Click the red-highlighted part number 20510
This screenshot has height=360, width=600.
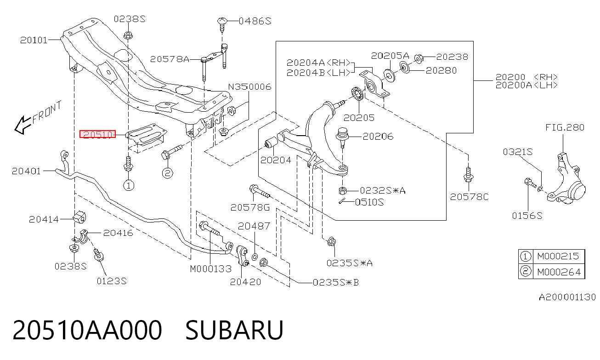[x=97, y=134]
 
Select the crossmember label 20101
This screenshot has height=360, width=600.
[x=34, y=40]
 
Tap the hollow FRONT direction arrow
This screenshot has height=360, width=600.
[x=23, y=125]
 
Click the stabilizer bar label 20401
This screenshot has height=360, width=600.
[x=26, y=171]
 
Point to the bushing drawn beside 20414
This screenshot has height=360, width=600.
[x=79, y=217]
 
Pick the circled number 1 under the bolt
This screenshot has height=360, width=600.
[x=129, y=185]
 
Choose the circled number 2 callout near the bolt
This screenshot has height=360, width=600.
[x=167, y=173]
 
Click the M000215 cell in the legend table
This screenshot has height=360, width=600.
[x=558, y=256]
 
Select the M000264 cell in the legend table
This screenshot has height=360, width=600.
[x=559, y=272]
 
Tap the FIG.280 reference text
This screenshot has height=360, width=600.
[x=565, y=127]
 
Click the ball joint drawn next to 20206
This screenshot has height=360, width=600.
[x=342, y=136]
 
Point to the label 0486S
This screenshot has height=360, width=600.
[x=255, y=21]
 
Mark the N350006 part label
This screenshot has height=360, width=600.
[x=249, y=86]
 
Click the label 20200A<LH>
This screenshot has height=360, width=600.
[x=526, y=85]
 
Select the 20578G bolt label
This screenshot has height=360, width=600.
[x=250, y=207]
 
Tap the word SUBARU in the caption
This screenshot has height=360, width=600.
[x=234, y=330]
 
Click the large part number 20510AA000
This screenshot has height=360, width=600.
[x=87, y=330]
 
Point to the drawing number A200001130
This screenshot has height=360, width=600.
[x=567, y=297]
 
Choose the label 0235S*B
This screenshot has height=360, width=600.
[x=336, y=283]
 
